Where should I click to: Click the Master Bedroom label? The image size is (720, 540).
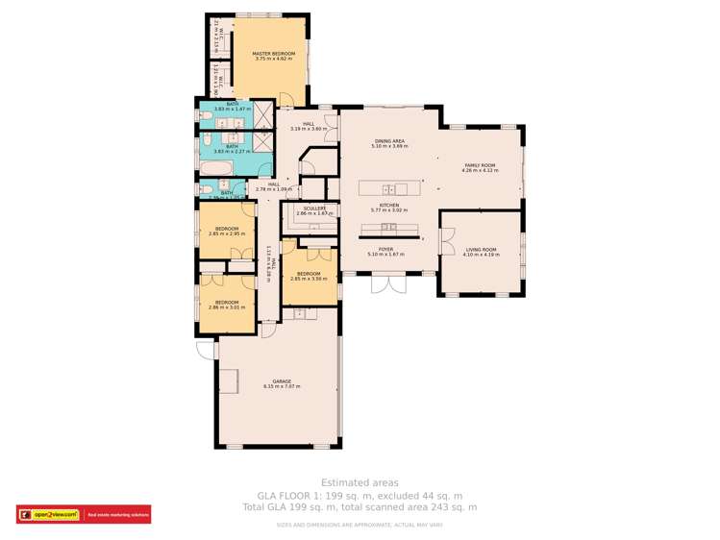pyautogui.click(x=274, y=53)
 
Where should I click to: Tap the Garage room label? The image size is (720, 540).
pyautogui.click(x=282, y=381)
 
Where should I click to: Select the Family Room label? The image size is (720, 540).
pyautogui.click(x=481, y=165)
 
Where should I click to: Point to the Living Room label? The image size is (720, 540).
pyautogui.click(x=481, y=249)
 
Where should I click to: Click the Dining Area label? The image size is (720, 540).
pyautogui.click(x=389, y=141)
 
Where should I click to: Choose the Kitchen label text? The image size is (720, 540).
pyautogui.click(x=389, y=204)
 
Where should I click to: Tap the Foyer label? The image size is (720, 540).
pyautogui.click(x=386, y=249)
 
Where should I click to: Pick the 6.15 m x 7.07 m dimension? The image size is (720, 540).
pyautogui.click(x=282, y=387)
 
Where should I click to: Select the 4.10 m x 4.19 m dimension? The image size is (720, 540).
pyautogui.click(x=481, y=255)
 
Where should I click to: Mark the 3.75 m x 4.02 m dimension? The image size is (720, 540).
pyautogui.click(x=274, y=59)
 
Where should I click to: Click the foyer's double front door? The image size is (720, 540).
pyautogui.click(x=388, y=283)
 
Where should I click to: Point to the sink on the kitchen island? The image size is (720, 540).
pyautogui.click(x=388, y=187)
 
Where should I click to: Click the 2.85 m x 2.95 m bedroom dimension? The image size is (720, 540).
pyautogui.click(x=228, y=233)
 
